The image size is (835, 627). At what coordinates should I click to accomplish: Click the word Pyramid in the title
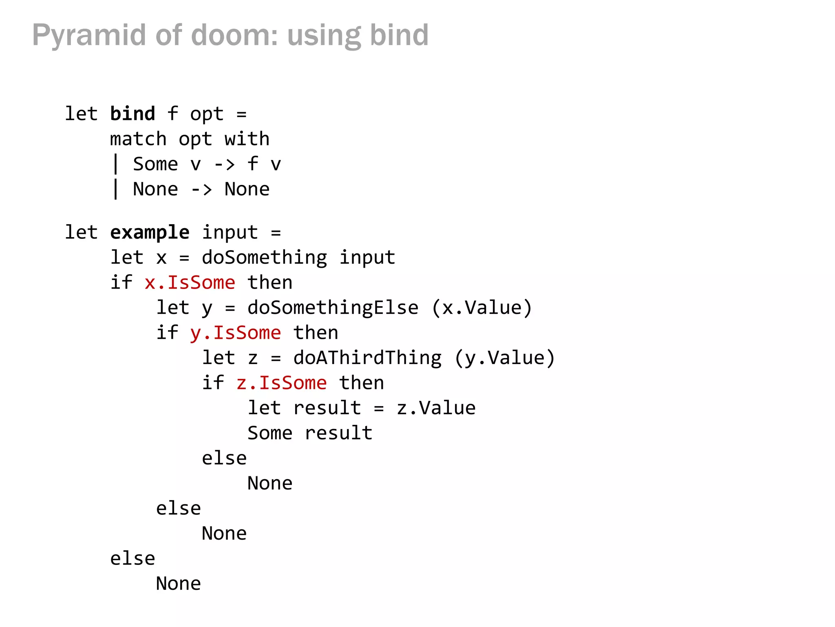click(89, 35)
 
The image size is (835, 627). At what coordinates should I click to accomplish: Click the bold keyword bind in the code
click(133, 114)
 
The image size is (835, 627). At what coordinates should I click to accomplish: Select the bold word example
click(150, 233)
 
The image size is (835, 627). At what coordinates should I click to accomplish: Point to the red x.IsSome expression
click(190, 282)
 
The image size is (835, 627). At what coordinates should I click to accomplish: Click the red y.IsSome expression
click(236, 333)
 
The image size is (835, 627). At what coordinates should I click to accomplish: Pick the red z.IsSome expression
click(281, 383)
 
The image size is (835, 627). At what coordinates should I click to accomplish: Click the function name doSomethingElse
click(333, 308)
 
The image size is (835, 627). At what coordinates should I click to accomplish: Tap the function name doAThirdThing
click(367, 358)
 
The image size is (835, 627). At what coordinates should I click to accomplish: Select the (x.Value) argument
click(482, 308)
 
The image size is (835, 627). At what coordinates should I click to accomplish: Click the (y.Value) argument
click(505, 358)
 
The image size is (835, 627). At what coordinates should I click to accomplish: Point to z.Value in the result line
click(436, 408)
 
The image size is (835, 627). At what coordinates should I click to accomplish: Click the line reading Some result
click(310, 433)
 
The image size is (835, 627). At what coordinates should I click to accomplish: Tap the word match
click(138, 139)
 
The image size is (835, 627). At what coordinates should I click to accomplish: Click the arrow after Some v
click(224, 165)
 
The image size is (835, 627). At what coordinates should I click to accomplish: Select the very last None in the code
click(178, 584)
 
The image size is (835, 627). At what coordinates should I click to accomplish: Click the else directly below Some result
click(224, 458)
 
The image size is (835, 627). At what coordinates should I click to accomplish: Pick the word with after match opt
click(247, 139)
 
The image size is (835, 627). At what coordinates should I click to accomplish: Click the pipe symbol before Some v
click(116, 165)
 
